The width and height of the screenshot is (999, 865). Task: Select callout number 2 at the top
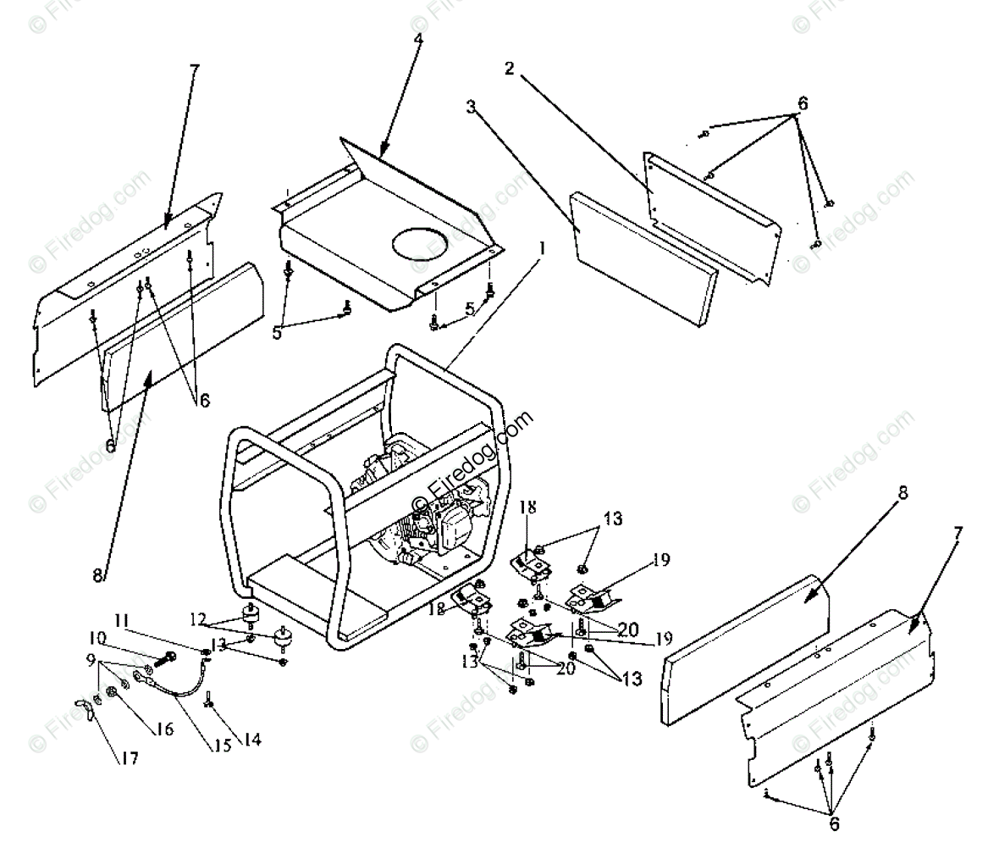(x=510, y=69)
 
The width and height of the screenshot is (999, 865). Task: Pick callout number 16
(x=166, y=728)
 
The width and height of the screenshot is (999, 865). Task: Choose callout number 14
(x=251, y=739)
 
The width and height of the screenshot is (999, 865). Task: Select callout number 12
(x=196, y=621)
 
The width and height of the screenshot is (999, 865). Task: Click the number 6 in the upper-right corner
(x=802, y=103)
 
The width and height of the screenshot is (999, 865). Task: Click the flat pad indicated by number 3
(x=643, y=258)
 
